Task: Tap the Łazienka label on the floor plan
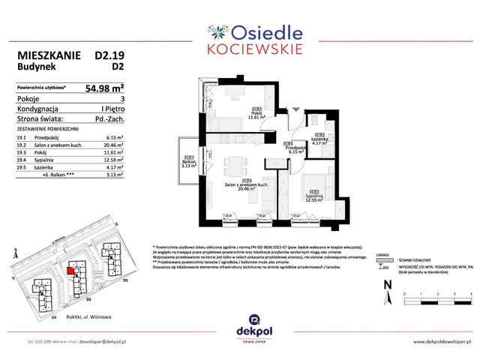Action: [x=319, y=139]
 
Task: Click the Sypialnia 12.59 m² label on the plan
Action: [x=311, y=197]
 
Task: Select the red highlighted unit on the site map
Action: [x=71, y=271]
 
